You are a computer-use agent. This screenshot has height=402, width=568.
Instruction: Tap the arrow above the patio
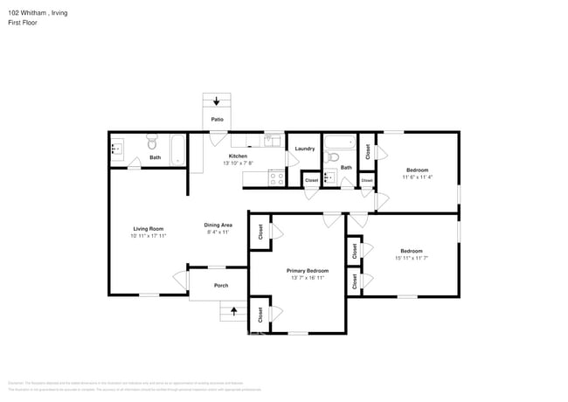(216, 101)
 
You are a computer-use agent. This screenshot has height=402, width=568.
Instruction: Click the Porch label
(221, 285)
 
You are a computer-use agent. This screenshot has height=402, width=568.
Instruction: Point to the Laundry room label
(305, 149)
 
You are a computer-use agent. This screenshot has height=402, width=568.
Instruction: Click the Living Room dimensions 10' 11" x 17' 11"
(149, 235)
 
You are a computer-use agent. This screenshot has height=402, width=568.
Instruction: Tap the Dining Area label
(218, 225)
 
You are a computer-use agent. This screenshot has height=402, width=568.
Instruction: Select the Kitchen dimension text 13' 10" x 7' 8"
(238, 163)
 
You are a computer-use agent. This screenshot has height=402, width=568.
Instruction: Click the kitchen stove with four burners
(277, 177)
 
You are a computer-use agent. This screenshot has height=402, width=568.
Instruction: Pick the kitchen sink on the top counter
(272, 140)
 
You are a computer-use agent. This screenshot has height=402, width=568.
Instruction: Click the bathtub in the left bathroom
(177, 149)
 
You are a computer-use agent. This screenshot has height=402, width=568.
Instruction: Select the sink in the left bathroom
(117, 149)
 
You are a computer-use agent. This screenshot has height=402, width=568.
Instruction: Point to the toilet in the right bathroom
(331, 157)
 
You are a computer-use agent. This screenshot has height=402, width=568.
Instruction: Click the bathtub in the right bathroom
(339, 142)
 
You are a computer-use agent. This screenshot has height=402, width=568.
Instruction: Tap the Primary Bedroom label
(308, 271)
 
